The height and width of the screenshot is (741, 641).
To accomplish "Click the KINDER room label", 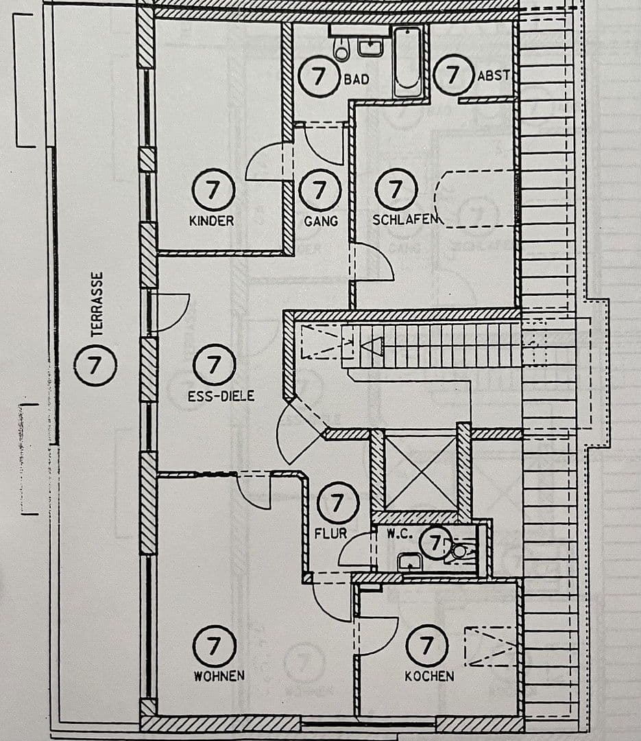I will (211, 221).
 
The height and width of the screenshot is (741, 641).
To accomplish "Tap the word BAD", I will (356, 79).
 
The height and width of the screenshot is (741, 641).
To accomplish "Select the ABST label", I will (494, 75).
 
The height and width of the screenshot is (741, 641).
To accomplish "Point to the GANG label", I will (321, 221).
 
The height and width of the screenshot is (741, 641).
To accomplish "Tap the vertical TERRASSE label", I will (97, 304).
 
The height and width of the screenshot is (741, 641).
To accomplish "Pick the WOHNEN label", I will (219, 676).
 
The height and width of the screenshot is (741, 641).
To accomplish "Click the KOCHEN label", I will (429, 676).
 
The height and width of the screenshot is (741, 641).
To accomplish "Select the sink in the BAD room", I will (370, 47).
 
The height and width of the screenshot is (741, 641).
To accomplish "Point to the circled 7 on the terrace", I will (95, 364).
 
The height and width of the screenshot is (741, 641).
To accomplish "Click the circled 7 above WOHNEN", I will (215, 646).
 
